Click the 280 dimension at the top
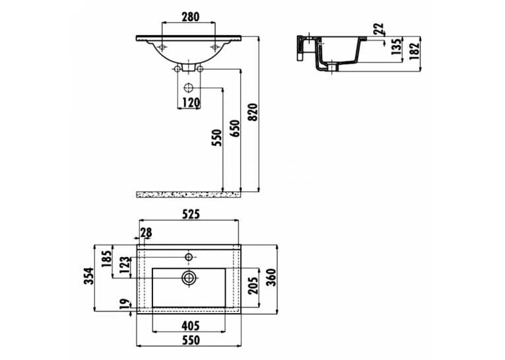[190, 17]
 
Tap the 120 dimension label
[191, 103]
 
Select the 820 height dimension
[254, 112]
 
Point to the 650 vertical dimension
[235, 129]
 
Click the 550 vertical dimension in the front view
[217, 137]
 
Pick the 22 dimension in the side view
[379, 28]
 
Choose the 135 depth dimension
[397, 46]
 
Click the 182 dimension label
[414, 51]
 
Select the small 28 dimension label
[146, 233]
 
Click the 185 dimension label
[106, 258]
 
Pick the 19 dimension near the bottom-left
[124, 304]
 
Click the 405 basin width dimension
[190, 326]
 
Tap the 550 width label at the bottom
[190, 340]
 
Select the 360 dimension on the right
[271, 277]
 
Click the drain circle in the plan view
[189, 278]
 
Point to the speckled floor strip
[189, 194]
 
